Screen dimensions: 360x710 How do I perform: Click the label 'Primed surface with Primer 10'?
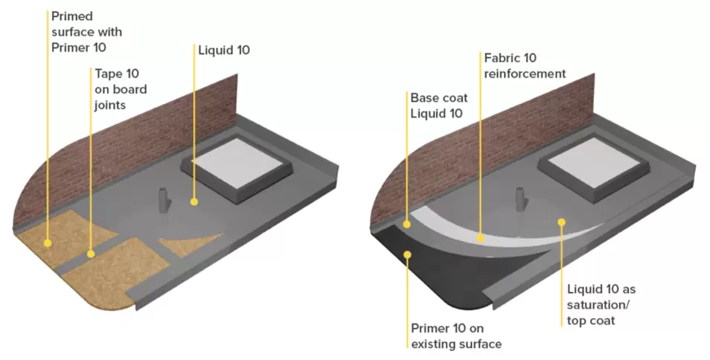pos(86,33)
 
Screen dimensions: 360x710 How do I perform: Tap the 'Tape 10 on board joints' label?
pos(121,90)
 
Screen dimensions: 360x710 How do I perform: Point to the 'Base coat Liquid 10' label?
pos(436,106)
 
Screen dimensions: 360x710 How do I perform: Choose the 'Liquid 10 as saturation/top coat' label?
pos(597,305)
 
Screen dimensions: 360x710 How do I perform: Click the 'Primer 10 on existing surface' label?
pos(456,335)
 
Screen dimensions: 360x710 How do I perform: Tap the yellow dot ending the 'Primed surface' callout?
pos(48,242)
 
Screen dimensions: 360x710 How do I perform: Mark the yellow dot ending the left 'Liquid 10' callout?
pos(194,202)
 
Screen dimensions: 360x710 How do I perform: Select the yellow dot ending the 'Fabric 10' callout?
pos(481,239)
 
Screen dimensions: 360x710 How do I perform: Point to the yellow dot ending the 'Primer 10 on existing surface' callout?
pos(408,256)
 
